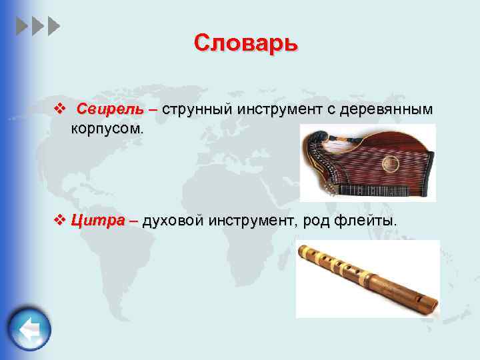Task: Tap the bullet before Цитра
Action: click(x=59, y=220)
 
